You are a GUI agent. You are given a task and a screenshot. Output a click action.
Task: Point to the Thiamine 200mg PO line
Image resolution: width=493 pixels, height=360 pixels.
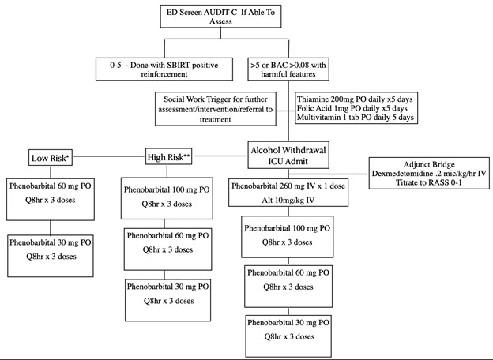(355, 99)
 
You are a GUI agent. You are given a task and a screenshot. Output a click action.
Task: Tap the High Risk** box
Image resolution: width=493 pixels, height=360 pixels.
(171, 156)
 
